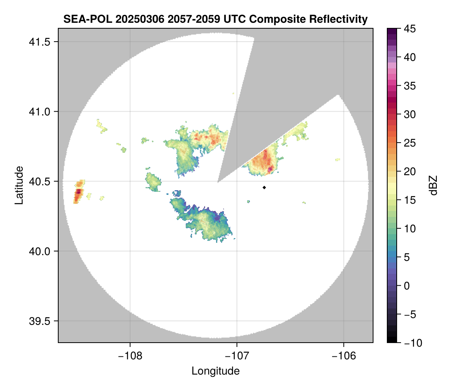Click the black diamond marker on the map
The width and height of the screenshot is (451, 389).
pos(264,187)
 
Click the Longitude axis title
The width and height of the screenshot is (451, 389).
pos(216,371)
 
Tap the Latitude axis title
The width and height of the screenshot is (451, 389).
pos(18,185)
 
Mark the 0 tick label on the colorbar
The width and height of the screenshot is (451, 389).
pos(406,286)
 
